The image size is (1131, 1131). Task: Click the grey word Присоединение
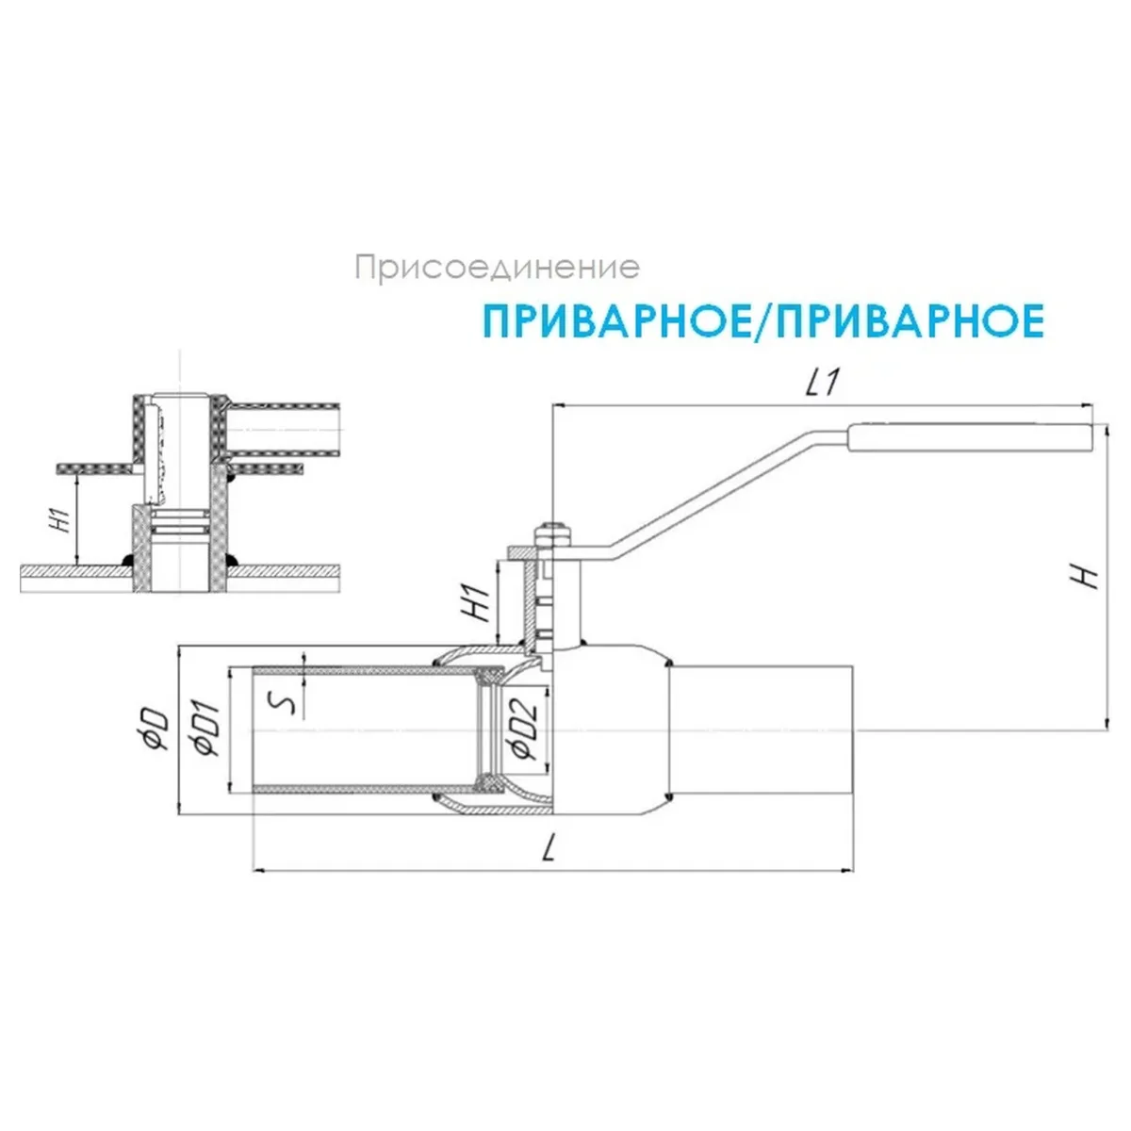coord(497,268)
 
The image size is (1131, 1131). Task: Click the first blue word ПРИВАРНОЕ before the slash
coord(615,321)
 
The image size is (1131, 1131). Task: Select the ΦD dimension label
coord(156,730)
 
